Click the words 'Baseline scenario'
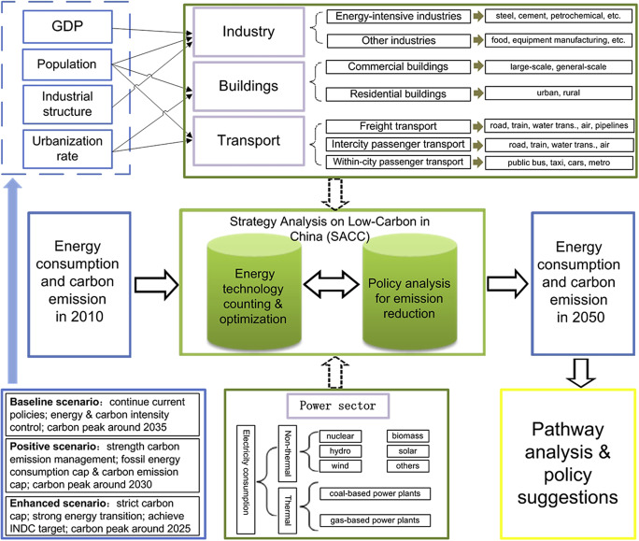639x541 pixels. pyautogui.click(x=47, y=401)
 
